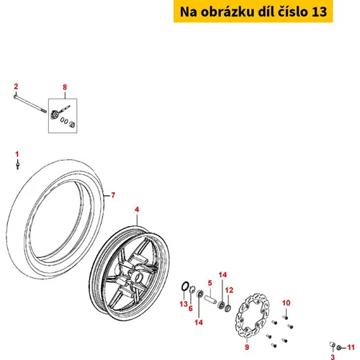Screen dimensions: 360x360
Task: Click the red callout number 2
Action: point(16,86)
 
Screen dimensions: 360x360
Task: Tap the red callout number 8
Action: point(65,87)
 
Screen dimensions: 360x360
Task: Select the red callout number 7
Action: point(113,195)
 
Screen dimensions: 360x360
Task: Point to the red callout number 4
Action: point(137,210)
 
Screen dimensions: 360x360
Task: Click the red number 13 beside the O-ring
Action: point(184,304)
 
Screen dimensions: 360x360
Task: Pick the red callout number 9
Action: point(247,347)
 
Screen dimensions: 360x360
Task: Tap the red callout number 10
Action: point(286,303)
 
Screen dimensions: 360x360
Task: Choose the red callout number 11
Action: point(351,347)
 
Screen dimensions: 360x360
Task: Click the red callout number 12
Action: point(229,290)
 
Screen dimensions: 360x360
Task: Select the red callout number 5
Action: point(210,283)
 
